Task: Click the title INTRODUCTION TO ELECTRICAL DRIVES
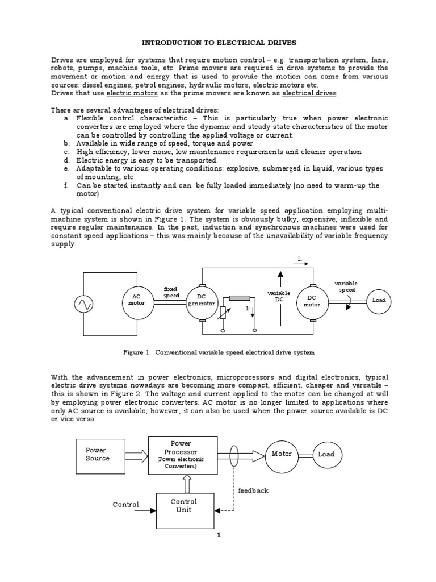point(217,43)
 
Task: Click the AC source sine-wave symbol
point(83,305)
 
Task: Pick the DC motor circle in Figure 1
point(312,301)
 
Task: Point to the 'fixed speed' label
point(171,292)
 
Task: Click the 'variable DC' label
point(279,296)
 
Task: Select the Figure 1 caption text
point(219,352)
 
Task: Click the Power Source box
point(98,454)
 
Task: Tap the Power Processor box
point(182,454)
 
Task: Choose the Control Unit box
point(183,505)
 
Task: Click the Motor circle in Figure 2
point(282,455)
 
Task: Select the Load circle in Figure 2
point(326,455)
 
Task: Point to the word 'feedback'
point(253,490)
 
